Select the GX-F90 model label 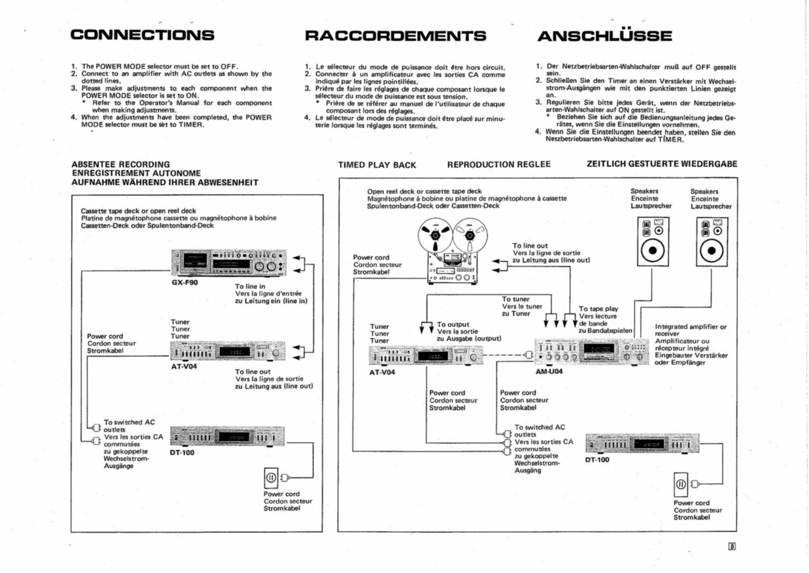click(x=185, y=283)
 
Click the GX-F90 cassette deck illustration click(x=229, y=263)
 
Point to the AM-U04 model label click(x=549, y=371)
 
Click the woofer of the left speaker click(x=653, y=250)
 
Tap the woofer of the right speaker click(x=712, y=251)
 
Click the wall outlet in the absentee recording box click(x=271, y=478)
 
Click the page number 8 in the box click(x=732, y=546)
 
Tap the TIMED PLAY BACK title click(x=377, y=165)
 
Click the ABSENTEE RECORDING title click(x=121, y=165)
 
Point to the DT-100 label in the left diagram click(x=182, y=452)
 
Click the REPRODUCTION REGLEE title click(x=498, y=165)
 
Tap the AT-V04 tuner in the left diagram click(x=228, y=351)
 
